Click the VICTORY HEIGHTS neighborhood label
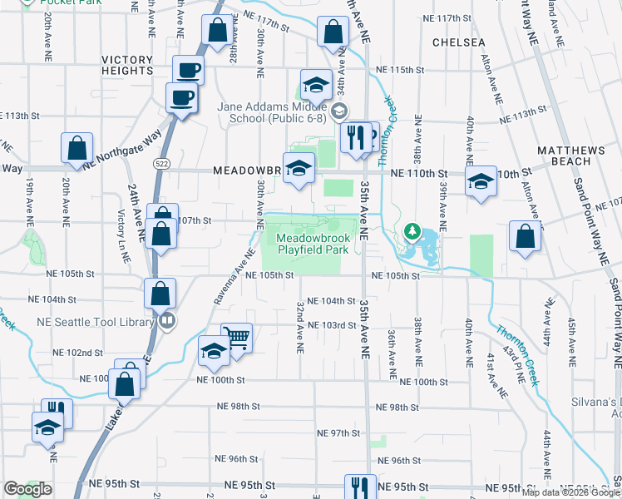pyautogui.click(x=127, y=66)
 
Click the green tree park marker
pyautogui.click(x=409, y=230)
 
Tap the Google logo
pyautogui.click(x=28, y=488)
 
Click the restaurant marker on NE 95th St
pyautogui.click(x=359, y=487)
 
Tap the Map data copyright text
pyautogui.click(x=571, y=492)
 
